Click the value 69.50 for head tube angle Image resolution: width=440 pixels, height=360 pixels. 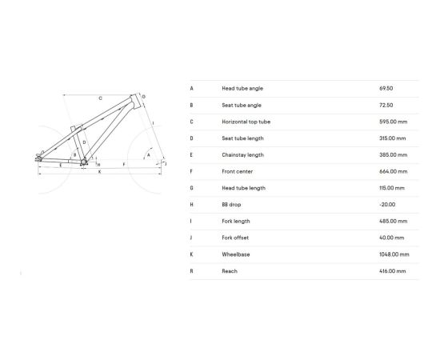click(386, 88)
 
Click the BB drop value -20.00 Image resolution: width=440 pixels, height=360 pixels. click(387, 204)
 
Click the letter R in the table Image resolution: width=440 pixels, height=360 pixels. click(191, 271)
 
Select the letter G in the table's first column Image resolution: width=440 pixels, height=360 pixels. click(191, 188)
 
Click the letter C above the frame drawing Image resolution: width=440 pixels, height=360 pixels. click(100, 98)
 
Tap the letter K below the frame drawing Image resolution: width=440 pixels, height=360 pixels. click(99, 172)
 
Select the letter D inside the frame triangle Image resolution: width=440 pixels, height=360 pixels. click(83, 142)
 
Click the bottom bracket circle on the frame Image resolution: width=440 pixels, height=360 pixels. click(82, 162)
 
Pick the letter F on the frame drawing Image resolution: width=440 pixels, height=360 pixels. click(124, 163)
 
